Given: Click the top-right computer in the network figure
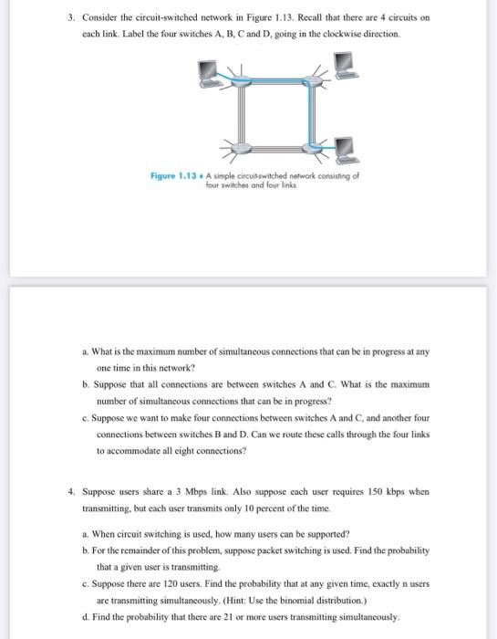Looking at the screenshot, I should (343, 62).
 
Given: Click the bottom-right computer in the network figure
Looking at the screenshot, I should (343, 147).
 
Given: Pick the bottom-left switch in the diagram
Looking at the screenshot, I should (240, 146).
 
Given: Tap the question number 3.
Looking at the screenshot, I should (70, 17).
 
